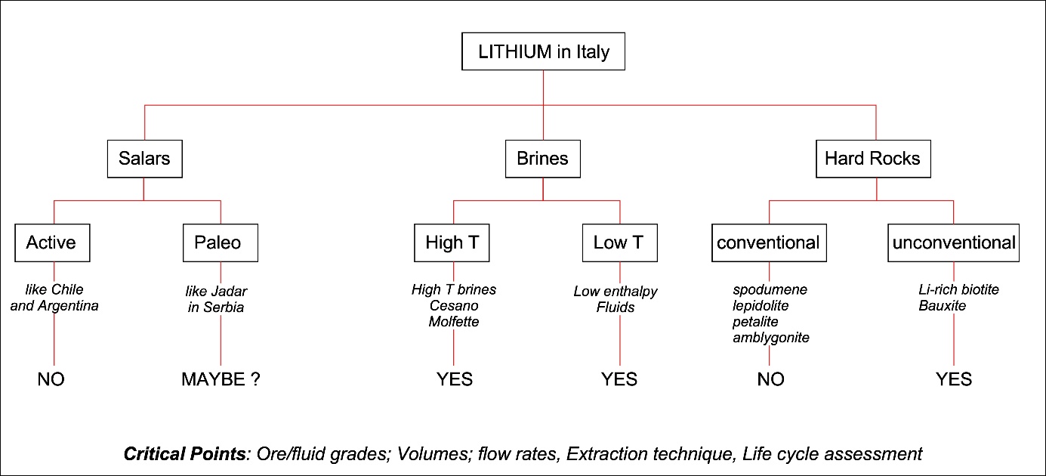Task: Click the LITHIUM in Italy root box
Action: pyautogui.click(x=542, y=54)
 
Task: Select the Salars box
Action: pyautogui.click(x=144, y=159)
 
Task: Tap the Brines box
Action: pyautogui.click(x=543, y=159)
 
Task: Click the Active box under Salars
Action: pyautogui.click(x=51, y=243)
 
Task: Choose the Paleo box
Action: pyautogui.click(x=220, y=243)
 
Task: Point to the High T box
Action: pyautogui.click(x=453, y=243)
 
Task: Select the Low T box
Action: pyautogui.click(x=620, y=243)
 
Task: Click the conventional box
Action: pyautogui.click(x=768, y=243)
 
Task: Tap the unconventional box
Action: pyautogui.click(x=953, y=243)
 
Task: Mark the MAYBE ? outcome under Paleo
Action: pyautogui.click(x=221, y=379)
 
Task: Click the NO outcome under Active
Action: pyautogui.click(x=51, y=379)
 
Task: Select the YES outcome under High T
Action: pyautogui.click(x=454, y=379)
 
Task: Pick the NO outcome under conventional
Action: pyautogui.click(x=770, y=379)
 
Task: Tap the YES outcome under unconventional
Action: pyautogui.click(x=954, y=379)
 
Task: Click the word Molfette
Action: pyautogui.click(x=454, y=323)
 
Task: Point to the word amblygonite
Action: pyautogui.click(x=770, y=338)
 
